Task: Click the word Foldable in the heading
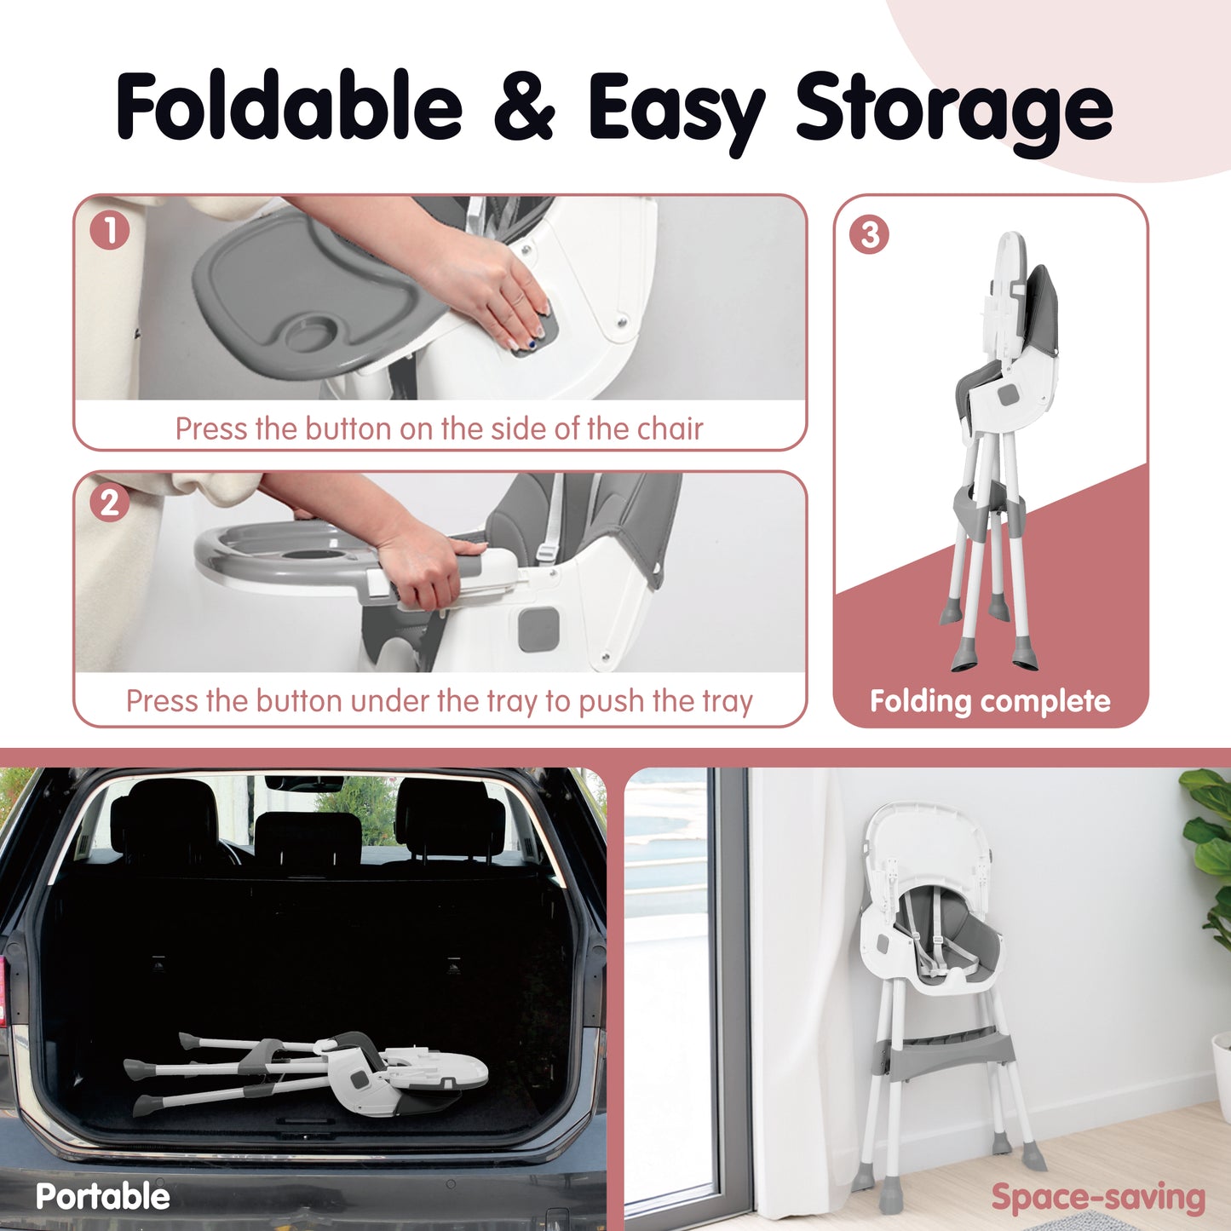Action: tap(289, 106)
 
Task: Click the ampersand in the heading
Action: tap(524, 106)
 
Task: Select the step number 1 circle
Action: tap(109, 231)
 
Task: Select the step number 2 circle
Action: tap(109, 503)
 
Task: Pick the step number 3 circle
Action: tap(870, 235)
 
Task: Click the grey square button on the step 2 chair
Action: tap(538, 630)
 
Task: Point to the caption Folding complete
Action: tap(990, 701)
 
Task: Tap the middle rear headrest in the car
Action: tap(308, 837)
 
